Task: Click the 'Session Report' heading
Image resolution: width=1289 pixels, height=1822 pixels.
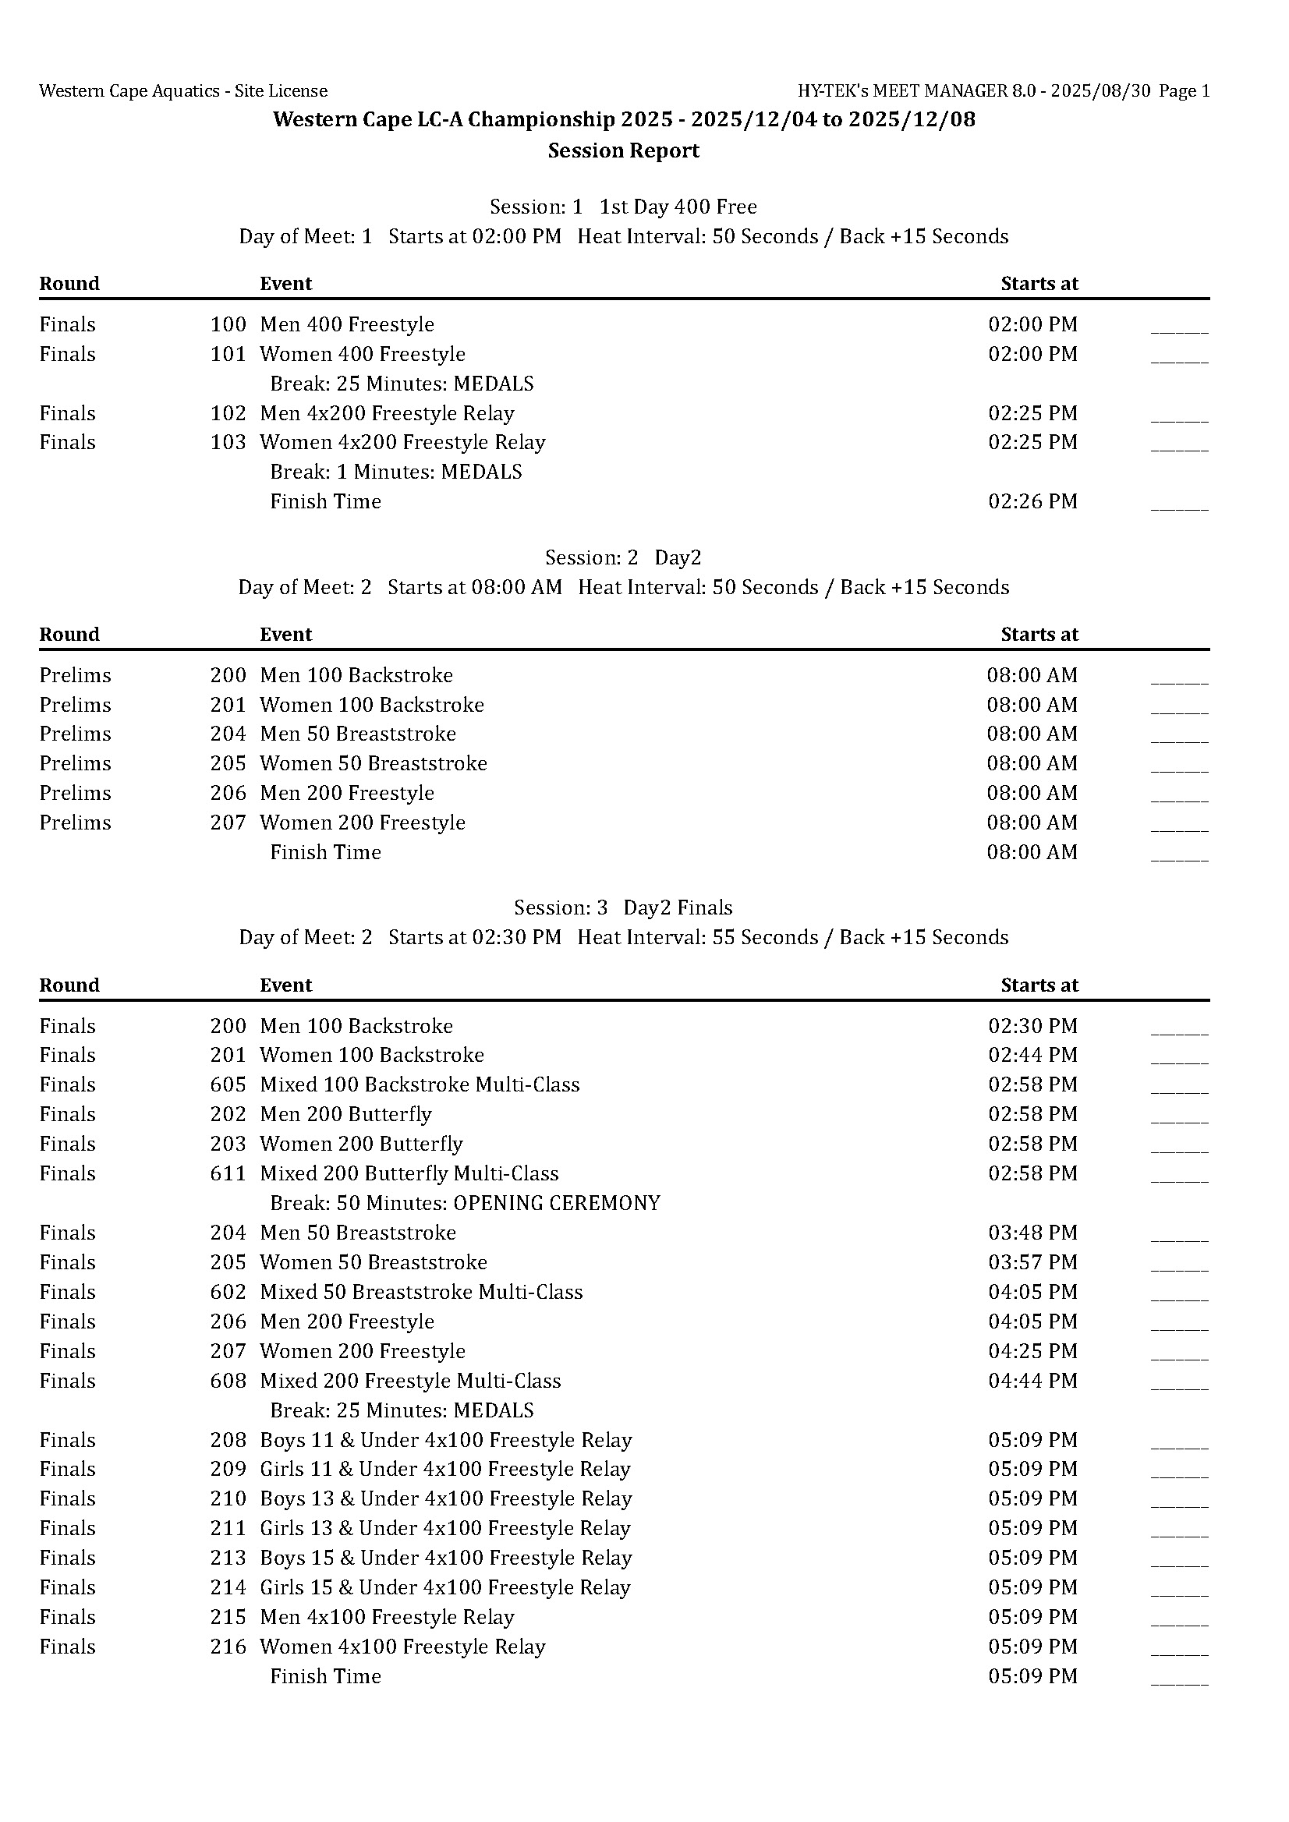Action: [x=623, y=150]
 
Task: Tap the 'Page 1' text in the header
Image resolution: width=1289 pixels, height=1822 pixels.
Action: [x=1184, y=91]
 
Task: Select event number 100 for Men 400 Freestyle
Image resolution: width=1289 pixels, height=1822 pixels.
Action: [x=228, y=324]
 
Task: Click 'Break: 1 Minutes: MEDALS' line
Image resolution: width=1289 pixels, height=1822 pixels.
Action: [x=395, y=472]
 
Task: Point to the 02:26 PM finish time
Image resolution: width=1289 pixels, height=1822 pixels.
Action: [x=1032, y=501]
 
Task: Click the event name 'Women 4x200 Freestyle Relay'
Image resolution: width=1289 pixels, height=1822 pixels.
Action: [x=402, y=442]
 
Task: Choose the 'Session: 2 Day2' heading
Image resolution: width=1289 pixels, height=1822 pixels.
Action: [x=623, y=558]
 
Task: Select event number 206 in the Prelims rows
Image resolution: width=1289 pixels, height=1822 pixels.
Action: [x=228, y=793]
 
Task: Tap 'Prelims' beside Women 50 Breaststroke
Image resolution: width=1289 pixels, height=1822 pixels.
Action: [x=76, y=763]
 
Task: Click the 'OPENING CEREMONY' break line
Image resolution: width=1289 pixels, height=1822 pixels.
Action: [x=464, y=1203]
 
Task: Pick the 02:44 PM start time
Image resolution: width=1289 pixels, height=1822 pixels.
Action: [x=1032, y=1055]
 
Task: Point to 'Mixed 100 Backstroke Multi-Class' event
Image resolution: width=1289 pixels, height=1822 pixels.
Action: [x=419, y=1084]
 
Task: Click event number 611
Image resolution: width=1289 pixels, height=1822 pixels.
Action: [x=228, y=1173]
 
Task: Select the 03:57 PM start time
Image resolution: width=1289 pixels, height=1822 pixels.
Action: [x=1032, y=1262]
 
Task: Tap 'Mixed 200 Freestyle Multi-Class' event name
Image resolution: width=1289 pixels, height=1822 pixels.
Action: [x=409, y=1381]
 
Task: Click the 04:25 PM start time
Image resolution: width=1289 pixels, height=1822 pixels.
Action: [x=1032, y=1351]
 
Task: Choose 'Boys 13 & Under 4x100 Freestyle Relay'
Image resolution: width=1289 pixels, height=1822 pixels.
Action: [x=445, y=1499]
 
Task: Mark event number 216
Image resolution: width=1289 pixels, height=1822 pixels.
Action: [x=228, y=1647]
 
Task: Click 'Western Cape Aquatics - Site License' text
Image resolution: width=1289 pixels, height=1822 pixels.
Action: [x=183, y=91]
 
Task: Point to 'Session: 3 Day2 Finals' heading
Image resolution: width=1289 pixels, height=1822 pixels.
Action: [x=623, y=907]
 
